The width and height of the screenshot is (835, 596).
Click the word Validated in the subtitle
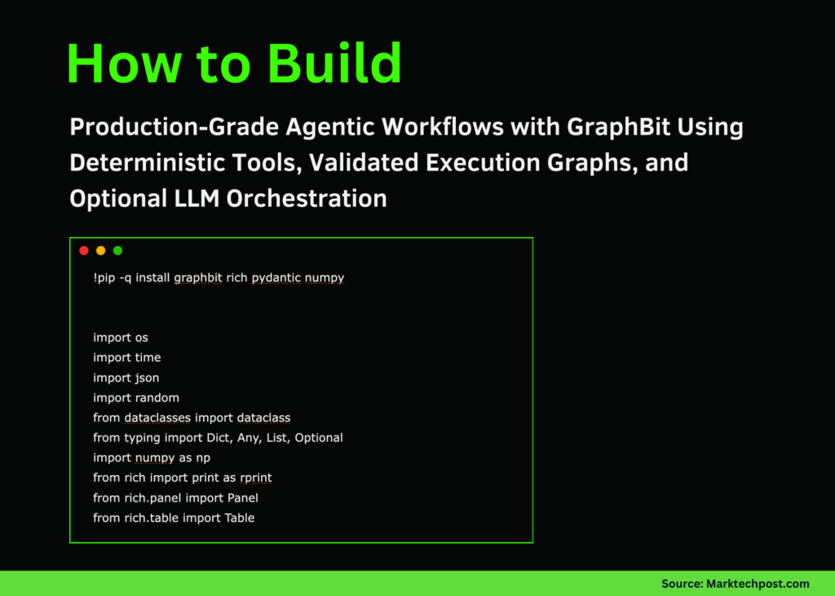[355, 162]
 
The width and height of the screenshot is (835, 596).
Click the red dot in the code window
[83, 250]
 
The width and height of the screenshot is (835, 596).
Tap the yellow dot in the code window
[100, 250]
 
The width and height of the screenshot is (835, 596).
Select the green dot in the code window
[117, 250]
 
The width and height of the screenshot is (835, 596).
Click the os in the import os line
[141, 338]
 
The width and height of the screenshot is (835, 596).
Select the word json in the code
[147, 377]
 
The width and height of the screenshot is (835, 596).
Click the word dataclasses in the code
[157, 417]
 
